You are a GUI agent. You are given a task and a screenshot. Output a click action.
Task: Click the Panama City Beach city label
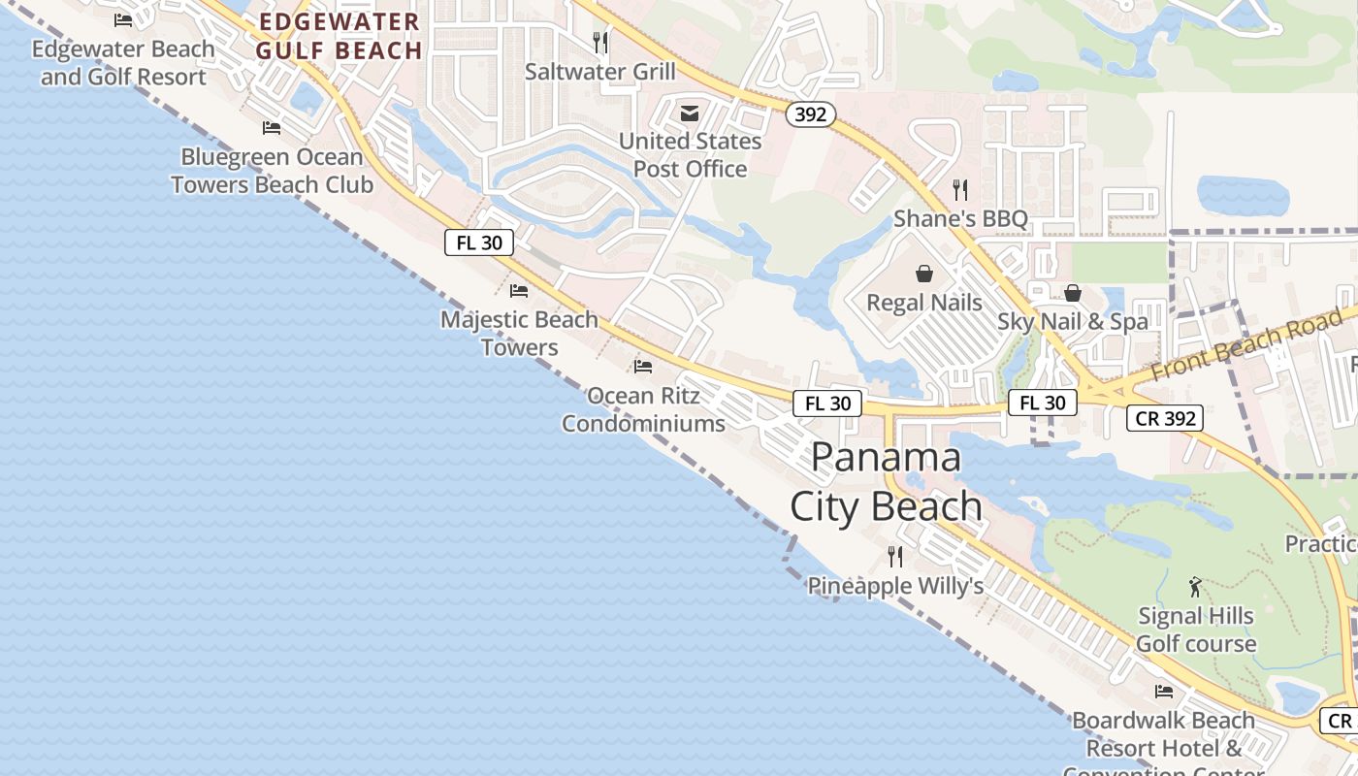click(x=886, y=482)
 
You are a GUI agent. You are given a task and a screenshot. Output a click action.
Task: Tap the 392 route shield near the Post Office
click(x=810, y=115)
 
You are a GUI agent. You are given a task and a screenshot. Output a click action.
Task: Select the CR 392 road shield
click(x=1165, y=419)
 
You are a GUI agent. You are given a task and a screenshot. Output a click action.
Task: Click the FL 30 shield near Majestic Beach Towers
click(x=479, y=242)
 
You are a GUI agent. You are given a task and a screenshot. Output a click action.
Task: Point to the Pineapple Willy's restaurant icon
click(x=895, y=557)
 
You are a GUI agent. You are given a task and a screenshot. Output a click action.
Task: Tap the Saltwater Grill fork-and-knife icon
click(x=600, y=43)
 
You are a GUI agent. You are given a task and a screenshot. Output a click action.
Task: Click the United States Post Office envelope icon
click(x=690, y=113)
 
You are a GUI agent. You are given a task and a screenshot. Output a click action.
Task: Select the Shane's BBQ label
click(x=960, y=218)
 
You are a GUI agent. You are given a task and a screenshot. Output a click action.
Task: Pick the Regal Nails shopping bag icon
click(x=924, y=275)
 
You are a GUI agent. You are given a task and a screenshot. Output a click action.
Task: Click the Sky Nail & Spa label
click(x=1073, y=321)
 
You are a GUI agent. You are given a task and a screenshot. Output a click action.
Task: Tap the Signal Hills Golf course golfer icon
click(x=1195, y=587)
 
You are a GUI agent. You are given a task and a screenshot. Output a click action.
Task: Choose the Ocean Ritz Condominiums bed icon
click(x=643, y=367)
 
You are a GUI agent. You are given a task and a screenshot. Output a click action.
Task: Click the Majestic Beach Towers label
click(x=520, y=333)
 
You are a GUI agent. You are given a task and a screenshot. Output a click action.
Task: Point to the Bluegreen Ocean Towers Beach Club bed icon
click(x=272, y=128)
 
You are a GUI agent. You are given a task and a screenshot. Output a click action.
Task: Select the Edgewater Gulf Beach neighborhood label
click(x=339, y=36)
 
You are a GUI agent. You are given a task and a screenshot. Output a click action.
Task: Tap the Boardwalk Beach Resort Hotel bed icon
click(x=1164, y=692)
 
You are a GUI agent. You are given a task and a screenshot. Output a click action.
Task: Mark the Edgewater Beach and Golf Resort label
click(x=123, y=62)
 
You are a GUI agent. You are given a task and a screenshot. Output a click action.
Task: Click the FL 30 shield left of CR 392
click(x=1043, y=403)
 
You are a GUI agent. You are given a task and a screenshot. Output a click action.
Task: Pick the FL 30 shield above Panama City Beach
click(x=827, y=404)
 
